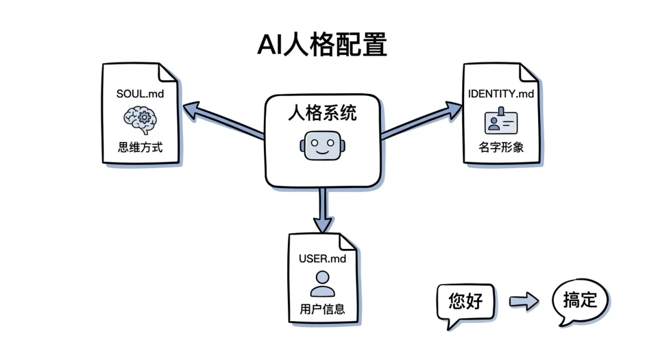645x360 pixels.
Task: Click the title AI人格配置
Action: [x=322, y=45]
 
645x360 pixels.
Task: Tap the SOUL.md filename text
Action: [x=140, y=94]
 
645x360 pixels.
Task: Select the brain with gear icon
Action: [x=140, y=119]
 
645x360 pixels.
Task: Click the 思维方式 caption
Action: [x=140, y=146]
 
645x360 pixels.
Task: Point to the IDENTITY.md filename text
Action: [x=501, y=94]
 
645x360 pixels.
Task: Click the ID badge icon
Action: [x=500, y=121]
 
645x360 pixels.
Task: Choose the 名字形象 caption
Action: [x=500, y=146]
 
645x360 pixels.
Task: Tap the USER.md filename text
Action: [x=322, y=259]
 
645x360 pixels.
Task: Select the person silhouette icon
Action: [x=322, y=284]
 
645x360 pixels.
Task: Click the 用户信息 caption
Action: [x=322, y=310]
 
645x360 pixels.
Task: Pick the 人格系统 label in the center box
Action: [x=322, y=112]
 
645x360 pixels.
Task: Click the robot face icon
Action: [x=322, y=145]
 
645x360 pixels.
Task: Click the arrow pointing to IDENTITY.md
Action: [x=422, y=121]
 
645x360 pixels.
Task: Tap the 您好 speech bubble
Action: [x=465, y=301]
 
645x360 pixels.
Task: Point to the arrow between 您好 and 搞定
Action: [x=523, y=301]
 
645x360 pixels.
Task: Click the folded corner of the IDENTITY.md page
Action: [x=529, y=73]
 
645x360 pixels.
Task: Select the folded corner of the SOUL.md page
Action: [x=168, y=73]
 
